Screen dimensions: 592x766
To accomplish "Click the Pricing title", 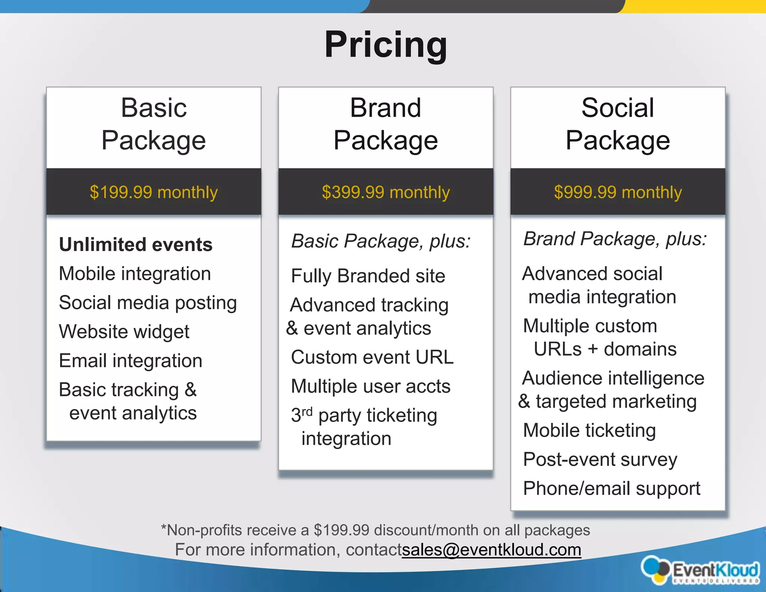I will [386, 45].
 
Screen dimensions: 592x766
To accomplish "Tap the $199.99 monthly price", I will [153, 192].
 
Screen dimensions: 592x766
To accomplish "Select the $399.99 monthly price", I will [386, 192].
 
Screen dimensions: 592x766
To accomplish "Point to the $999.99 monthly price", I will [618, 192].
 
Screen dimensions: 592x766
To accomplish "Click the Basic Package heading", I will [153, 124].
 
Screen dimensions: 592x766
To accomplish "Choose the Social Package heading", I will [618, 124].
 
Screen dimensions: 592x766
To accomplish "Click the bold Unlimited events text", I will [136, 245].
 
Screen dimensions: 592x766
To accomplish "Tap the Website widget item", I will [124, 332].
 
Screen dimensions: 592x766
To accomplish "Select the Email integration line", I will [131, 361].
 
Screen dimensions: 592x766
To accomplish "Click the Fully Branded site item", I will [368, 276].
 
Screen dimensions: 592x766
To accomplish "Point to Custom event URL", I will [372, 357].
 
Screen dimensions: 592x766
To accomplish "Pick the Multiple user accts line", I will [371, 386].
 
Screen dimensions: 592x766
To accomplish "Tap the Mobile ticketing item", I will [589, 430].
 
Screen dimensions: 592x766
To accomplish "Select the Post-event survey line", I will [600, 460].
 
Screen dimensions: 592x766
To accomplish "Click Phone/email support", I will [612, 488].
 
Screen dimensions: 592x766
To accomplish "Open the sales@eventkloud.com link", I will [491, 550].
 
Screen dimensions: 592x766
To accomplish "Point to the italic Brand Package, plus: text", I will [615, 239].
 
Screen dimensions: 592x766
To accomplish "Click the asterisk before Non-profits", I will [163, 527].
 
